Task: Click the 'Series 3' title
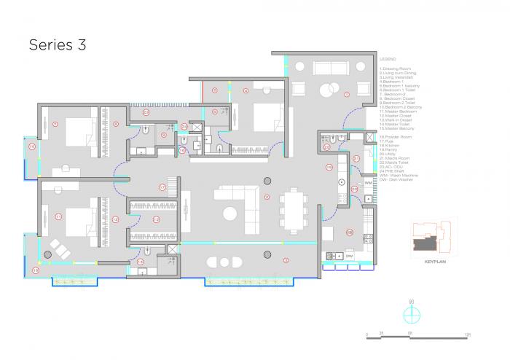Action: coord(57,44)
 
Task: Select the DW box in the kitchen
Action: coord(350,256)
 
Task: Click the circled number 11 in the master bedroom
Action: coord(58,216)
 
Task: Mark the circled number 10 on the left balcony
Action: coord(32,146)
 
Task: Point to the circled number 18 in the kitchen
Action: coord(349,232)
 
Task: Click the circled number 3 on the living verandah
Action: coord(286,259)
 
